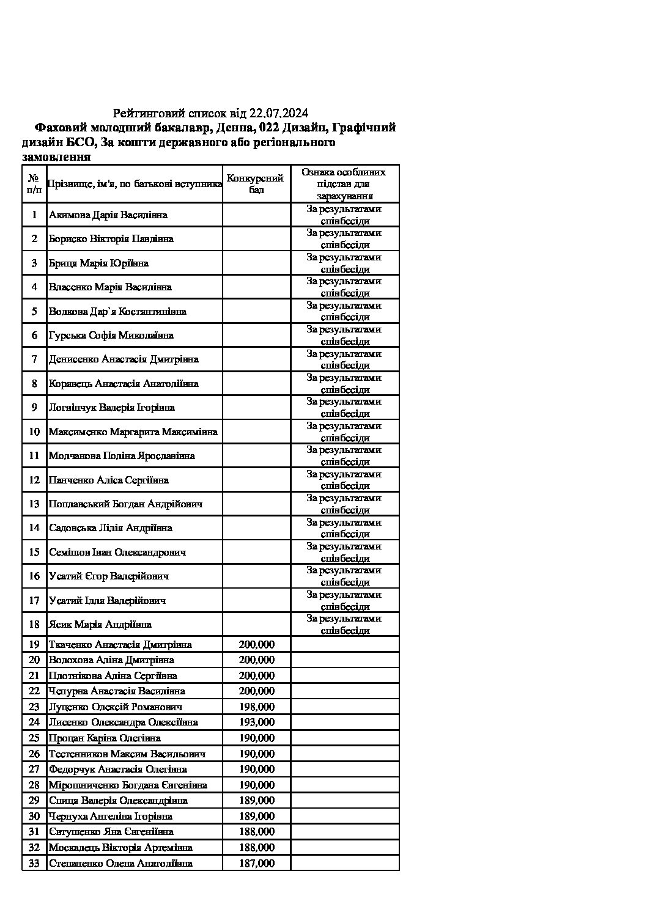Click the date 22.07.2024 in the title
point(279,113)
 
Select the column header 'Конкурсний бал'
point(256,184)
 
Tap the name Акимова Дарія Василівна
point(108,215)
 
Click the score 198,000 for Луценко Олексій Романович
point(256,707)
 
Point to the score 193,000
point(256,722)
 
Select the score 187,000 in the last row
point(256,864)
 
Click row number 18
point(34,625)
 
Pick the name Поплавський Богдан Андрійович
point(126,504)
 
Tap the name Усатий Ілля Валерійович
point(108,601)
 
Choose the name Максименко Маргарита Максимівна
point(133,432)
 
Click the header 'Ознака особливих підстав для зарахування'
point(344,184)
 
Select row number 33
point(34,864)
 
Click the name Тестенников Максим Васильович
point(127,754)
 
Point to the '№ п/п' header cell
point(34,184)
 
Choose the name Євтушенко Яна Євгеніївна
point(111,832)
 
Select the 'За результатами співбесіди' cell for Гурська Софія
point(344,336)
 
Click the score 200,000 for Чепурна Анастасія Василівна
point(256,691)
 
